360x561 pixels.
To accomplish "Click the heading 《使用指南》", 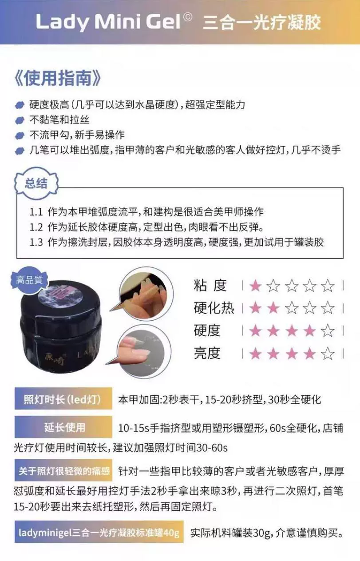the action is (58, 78).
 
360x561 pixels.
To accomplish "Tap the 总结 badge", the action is (36, 183).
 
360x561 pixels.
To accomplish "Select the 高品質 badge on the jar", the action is (29, 280).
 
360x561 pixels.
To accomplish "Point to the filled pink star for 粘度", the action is (255, 286).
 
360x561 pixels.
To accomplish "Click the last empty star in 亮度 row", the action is (328, 354).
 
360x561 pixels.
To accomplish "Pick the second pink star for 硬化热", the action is (273, 308).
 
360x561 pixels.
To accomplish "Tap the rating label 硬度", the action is (207, 330).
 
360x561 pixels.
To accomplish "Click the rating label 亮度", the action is (207, 353).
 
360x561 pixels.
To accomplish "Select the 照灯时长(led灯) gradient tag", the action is (63, 399).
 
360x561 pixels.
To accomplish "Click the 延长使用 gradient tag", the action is (63, 427).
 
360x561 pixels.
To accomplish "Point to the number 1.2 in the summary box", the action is (36, 227).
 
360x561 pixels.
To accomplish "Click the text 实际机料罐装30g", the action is (230, 533).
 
